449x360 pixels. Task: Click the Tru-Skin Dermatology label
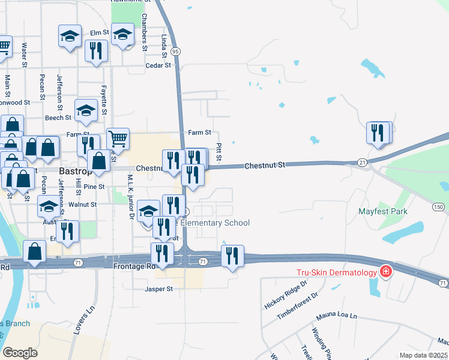coord(336,272)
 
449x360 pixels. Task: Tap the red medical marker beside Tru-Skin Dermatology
coord(385,272)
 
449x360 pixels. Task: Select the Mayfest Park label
coord(383,211)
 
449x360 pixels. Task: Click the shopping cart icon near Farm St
coord(118,139)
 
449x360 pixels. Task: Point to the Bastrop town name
coord(75,171)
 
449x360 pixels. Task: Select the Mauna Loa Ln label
coord(337,316)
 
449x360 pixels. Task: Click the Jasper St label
coord(158,289)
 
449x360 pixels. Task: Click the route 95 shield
coord(175,52)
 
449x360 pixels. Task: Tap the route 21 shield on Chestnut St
coord(362,163)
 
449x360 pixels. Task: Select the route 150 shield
coord(439,207)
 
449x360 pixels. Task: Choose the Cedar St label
coord(158,65)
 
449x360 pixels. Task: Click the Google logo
coord(20,353)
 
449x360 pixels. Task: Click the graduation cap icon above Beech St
coord(86,110)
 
